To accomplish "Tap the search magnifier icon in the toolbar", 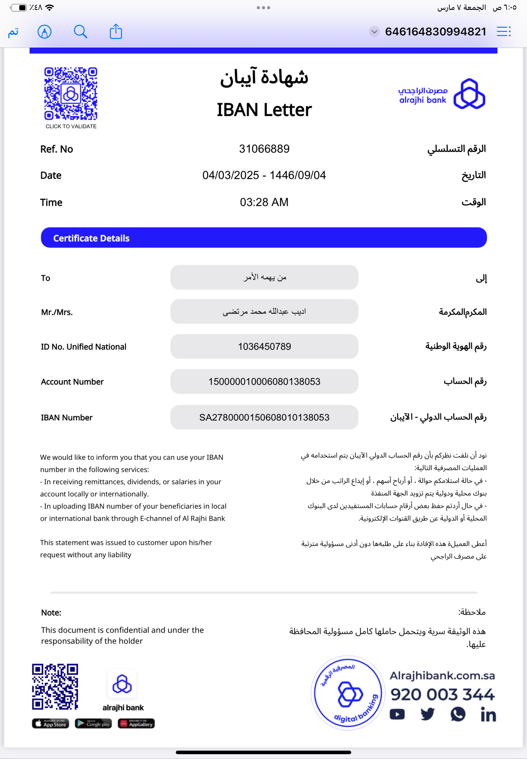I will tap(80, 32).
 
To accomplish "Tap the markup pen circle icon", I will tap(45, 32).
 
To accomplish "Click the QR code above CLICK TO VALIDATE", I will tap(71, 94).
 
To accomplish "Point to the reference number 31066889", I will tap(264, 149).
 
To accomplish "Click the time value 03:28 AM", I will tap(264, 202).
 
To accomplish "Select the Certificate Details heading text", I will tap(92, 238).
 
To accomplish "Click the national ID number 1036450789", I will tap(264, 347).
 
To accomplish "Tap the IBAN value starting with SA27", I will tap(264, 417).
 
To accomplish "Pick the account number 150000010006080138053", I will tap(264, 382).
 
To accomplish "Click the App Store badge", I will tap(50, 724).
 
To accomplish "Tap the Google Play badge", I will tap(94, 724).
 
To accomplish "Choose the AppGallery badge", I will tap(136, 724).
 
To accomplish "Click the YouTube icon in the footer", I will tap(397, 714).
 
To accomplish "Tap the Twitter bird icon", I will tap(428, 714).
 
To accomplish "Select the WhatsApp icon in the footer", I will tap(458, 714).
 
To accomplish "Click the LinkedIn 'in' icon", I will tap(488, 715).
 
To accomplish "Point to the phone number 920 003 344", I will tap(442, 695).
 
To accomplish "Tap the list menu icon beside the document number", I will tap(504, 32).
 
